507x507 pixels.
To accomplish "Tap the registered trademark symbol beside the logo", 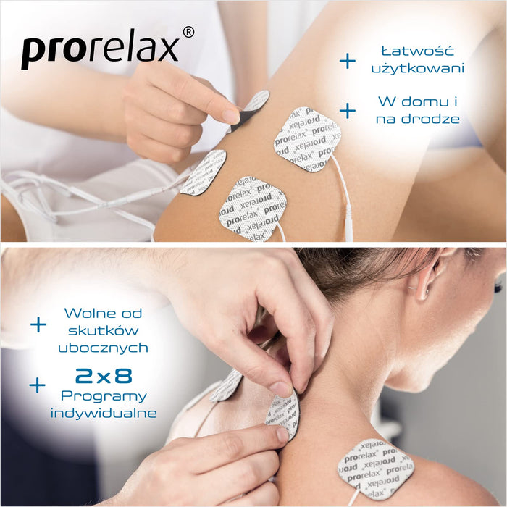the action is click(x=188, y=33).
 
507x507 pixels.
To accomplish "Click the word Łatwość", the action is click(x=417, y=51).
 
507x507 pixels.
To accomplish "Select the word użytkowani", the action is click(x=417, y=68).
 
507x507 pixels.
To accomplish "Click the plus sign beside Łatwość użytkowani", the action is click(x=348, y=61).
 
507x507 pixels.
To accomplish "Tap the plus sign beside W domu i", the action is click(x=348, y=111).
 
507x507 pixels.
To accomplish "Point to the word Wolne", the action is click(x=87, y=313).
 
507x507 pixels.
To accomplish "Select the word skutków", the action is click(x=104, y=330).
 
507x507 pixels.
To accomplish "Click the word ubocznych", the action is click(x=104, y=348).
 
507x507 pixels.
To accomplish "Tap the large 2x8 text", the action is click(x=104, y=376).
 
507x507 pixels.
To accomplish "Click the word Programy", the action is click(x=104, y=396).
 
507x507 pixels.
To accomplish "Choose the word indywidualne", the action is click(x=104, y=414).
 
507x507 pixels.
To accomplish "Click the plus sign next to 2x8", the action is click(x=38, y=385).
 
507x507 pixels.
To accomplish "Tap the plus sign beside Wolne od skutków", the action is click(x=38, y=324).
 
